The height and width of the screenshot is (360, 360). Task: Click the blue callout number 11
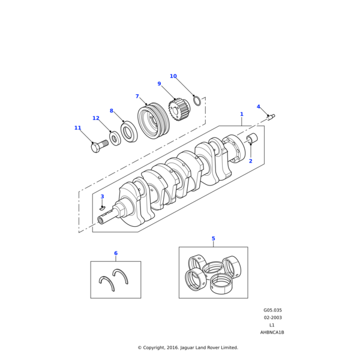78,128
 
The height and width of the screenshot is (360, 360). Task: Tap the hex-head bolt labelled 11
99,146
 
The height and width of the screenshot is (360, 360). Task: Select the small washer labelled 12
115,138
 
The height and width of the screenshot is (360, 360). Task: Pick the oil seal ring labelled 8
129,131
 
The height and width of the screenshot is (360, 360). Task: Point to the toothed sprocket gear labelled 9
178,109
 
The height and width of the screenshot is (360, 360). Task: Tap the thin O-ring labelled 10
197,101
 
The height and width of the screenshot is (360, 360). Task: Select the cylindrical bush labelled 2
252,138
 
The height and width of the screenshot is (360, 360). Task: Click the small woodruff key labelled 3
102,208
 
